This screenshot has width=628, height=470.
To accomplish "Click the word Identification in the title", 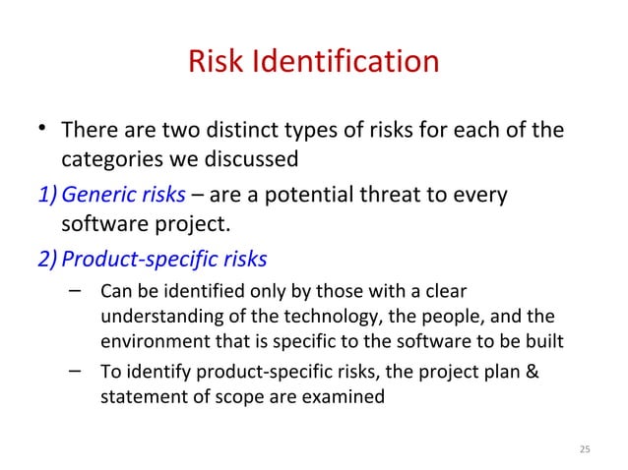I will [x=345, y=62].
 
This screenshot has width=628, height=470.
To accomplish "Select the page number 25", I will [x=585, y=449].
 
